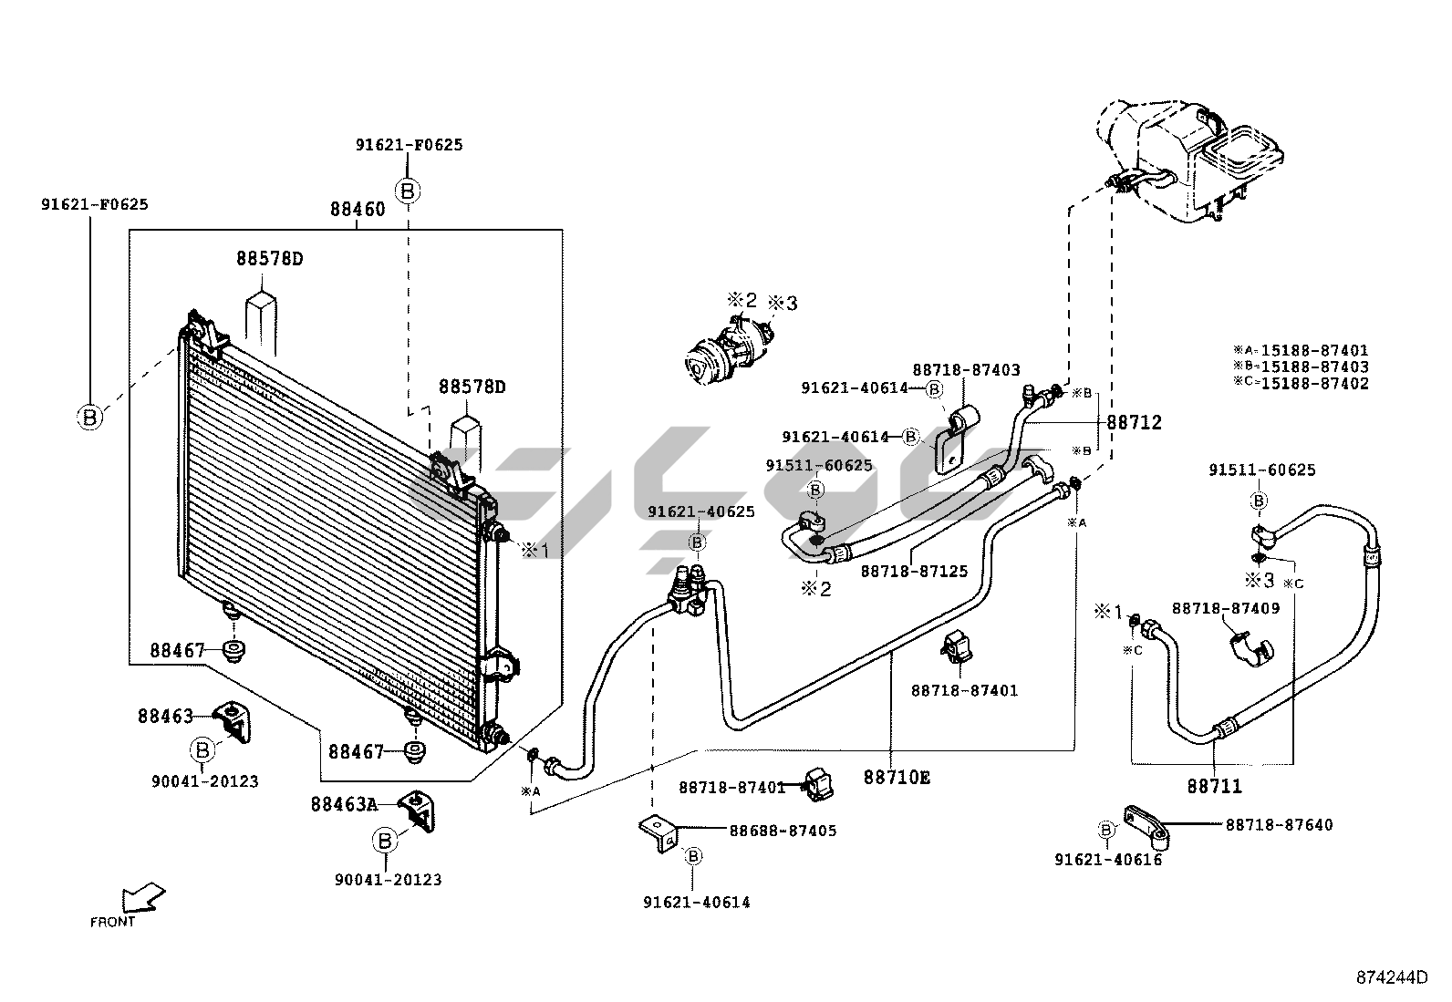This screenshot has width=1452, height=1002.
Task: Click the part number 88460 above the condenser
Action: point(358,209)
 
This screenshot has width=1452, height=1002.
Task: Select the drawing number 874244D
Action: point(1392,977)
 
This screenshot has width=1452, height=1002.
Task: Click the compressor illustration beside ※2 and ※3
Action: point(729,351)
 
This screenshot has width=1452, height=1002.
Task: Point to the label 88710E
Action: point(897,777)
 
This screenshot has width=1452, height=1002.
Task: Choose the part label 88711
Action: point(1215,786)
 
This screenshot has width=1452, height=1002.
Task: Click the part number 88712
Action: point(1134,422)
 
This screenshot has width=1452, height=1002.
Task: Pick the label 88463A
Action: point(344,804)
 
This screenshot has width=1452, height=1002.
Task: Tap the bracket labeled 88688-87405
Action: point(658,832)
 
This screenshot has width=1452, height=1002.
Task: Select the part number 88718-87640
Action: point(1279,824)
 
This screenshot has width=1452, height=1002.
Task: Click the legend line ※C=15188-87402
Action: point(1301,383)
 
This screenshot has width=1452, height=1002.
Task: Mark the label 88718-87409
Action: point(1226,609)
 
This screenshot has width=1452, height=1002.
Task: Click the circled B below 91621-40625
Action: point(698,542)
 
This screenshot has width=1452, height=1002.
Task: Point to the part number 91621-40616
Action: point(1108,860)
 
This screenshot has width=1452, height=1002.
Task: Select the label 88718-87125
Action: point(914,571)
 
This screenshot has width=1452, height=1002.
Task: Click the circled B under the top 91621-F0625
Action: point(408,191)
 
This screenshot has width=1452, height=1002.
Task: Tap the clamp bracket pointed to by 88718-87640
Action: point(1146,827)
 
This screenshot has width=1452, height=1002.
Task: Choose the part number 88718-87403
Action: point(967,369)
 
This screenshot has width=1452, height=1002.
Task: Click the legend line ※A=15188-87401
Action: point(1301,350)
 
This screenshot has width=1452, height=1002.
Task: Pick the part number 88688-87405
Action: point(783,831)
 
